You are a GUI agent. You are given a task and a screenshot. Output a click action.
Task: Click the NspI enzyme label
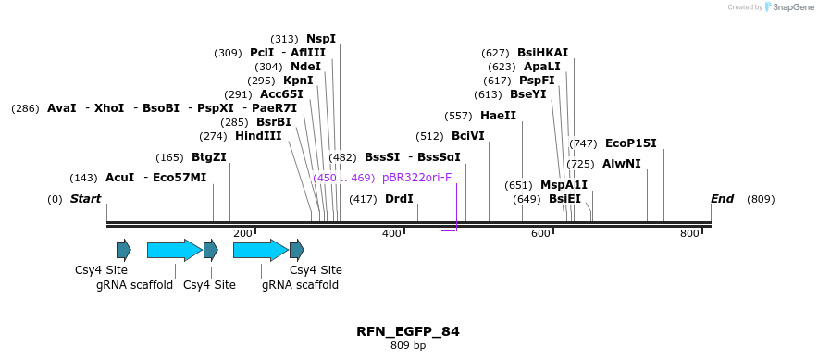(x=321, y=39)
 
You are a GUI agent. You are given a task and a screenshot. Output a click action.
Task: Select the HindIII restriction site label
(x=258, y=136)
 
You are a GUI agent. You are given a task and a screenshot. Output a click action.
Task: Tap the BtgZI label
(x=209, y=157)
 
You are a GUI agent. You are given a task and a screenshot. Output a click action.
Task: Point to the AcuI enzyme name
(x=119, y=178)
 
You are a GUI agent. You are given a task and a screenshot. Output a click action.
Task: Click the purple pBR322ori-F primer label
(x=416, y=178)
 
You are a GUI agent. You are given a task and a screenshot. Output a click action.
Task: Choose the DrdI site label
(x=399, y=199)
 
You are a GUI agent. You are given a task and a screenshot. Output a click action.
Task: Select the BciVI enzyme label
(x=467, y=136)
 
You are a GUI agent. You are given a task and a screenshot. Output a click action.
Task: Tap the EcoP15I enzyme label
(x=630, y=143)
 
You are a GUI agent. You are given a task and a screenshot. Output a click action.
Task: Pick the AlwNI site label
(x=622, y=164)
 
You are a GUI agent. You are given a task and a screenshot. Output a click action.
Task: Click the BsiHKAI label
(x=542, y=53)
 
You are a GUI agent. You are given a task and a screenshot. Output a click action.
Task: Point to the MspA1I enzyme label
(x=564, y=185)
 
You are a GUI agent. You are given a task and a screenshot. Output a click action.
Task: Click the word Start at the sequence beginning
(x=85, y=199)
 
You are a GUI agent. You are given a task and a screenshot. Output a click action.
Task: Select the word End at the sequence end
(x=722, y=199)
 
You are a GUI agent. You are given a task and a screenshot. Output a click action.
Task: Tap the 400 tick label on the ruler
(x=391, y=234)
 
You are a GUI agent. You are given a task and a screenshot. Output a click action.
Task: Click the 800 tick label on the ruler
(x=689, y=234)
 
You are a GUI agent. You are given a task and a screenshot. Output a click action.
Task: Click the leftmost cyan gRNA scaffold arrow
(x=174, y=250)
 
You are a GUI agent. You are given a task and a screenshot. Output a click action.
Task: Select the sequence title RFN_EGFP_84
(x=407, y=331)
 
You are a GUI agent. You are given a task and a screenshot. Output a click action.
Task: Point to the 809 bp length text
(x=408, y=346)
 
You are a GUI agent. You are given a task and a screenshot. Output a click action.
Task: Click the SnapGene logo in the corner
(x=789, y=7)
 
